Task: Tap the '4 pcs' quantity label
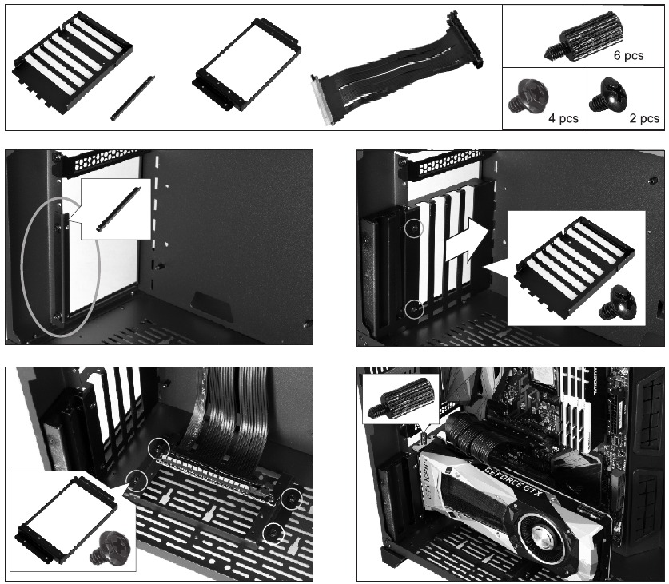[x=562, y=118]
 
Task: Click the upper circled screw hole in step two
[x=413, y=229]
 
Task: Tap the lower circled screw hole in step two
[x=413, y=307]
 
